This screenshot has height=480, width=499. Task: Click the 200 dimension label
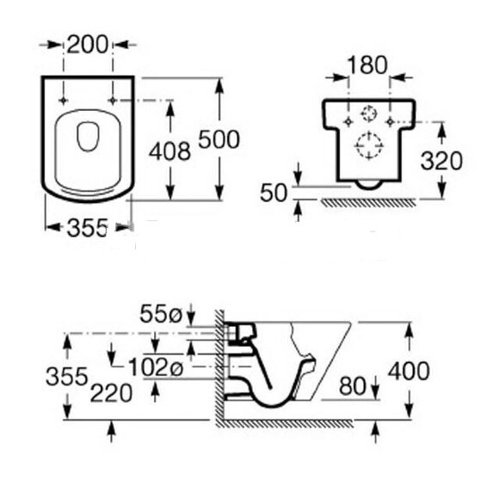tap(88, 45)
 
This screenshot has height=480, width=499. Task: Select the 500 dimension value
tap(219, 139)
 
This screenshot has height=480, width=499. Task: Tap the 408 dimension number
tap(170, 151)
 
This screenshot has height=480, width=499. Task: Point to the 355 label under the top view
tap(88, 228)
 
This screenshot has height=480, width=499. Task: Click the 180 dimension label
tap(367, 65)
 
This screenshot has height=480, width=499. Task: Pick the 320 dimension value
tap(441, 161)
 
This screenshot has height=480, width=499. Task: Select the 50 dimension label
tap(274, 193)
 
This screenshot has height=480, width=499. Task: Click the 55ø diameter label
tap(161, 314)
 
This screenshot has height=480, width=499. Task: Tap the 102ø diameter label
tap(156, 366)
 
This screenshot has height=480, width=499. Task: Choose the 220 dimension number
tap(111, 393)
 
